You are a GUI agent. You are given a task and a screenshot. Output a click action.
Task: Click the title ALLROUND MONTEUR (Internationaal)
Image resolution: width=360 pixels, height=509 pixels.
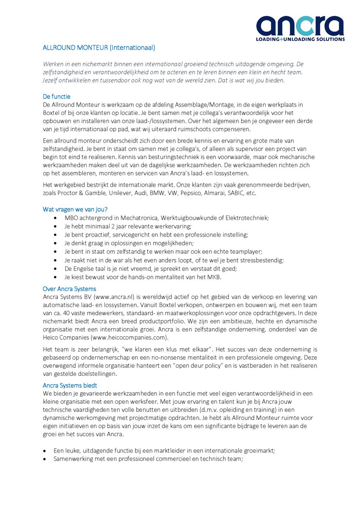(x=99, y=48)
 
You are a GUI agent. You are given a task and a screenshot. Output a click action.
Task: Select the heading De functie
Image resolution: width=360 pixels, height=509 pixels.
(x=56, y=96)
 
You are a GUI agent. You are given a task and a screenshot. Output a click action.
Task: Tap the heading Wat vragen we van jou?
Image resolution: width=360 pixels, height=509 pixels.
(x=75, y=209)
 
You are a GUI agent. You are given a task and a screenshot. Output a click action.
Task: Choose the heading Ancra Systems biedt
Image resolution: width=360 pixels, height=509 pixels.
(x=70, y=385)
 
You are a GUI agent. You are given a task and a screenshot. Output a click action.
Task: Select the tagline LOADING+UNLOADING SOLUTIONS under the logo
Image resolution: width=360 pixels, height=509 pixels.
(x=300, y=39)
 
